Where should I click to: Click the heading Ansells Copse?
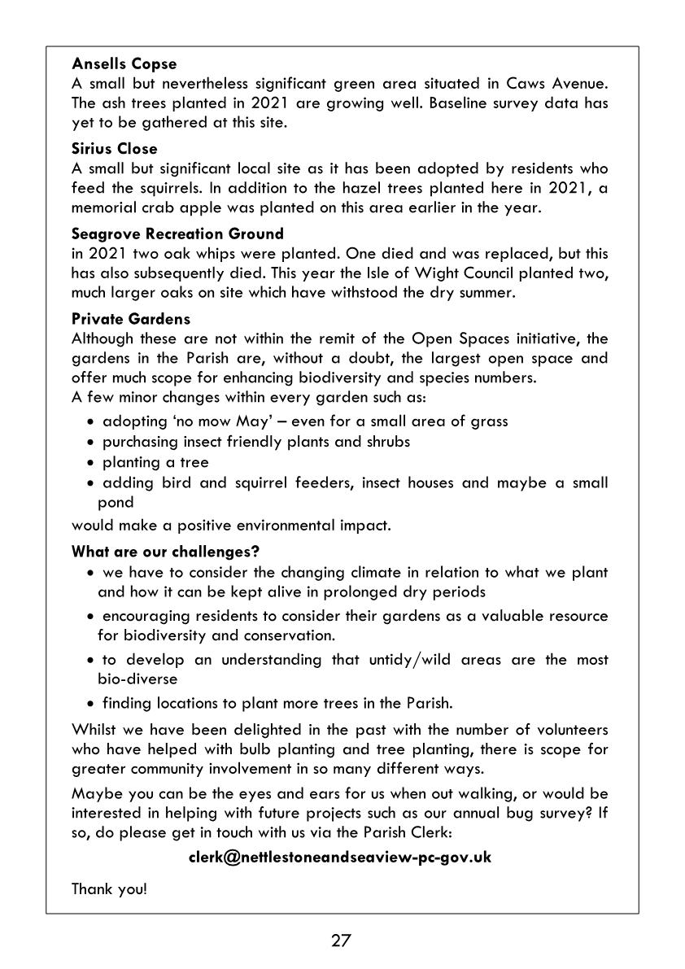[x=124, y=63]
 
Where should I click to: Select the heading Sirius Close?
[x=115, y=149]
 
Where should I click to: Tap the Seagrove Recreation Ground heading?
[x=177, y=234]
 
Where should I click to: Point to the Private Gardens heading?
[x=131, y=319]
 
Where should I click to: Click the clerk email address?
[x=340, y=857]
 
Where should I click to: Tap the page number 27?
[x=341, y=941]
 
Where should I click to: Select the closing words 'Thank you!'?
[x=110, y=888]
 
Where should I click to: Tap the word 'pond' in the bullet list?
[x=116, y=503]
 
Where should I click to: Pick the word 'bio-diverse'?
[x=137, y=679]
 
